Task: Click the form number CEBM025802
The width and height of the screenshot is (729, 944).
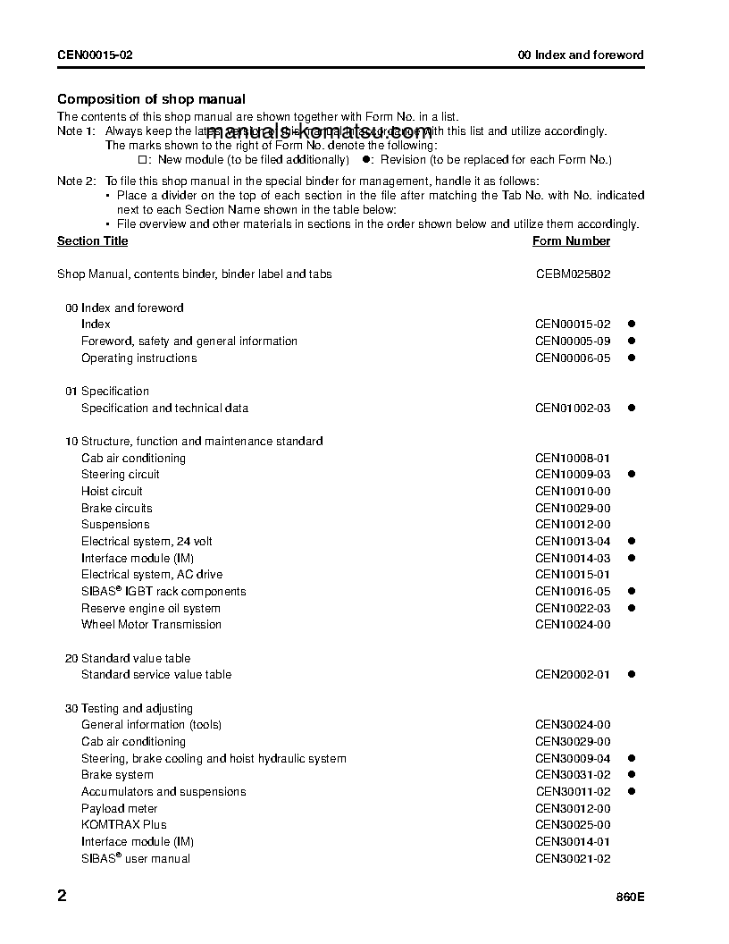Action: pyautogui.click(x=573, y=274)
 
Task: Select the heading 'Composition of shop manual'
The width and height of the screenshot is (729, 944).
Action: pyautogui.click(x=151, y=99)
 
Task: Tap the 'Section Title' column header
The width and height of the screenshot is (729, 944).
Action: pyautogui.click(x=92, y=241)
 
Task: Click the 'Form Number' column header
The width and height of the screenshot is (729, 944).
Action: pyautogui.click(x=571, y=241)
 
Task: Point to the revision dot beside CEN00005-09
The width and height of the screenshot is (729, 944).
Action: pyautogui.click(x=630, y=341)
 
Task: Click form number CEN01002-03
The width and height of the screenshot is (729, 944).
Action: pyautogui.click(x=573, y=409)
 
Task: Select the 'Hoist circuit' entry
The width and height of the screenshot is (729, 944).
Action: pyautogui.click(x=112, y=492)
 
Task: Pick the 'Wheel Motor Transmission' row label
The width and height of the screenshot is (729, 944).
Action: pyautogui.click(x=151, y=625)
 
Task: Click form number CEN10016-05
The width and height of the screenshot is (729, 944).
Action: pyautogui.click(x=573, y=592)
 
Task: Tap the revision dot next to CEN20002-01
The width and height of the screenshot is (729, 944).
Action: pyautogui.click(x=630, y=675)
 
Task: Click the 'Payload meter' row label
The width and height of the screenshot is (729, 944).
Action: pyautogui.click(x=119, y=809)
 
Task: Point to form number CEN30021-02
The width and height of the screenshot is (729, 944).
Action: pyautogui.click(x=573, y=859)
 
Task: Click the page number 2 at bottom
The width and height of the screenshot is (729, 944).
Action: pyautogui.click(x=62, y=896)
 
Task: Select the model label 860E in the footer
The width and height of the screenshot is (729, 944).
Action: pyautogui.click(x=629, y=898)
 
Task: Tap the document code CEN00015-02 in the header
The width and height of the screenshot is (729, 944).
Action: pyautogui.click(x=95, y=55)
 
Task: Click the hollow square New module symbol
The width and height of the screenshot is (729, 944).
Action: pyautogui.click(x=142, y=160)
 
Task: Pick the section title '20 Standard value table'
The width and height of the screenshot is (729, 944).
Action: pyautogui.click(x=128, y=659)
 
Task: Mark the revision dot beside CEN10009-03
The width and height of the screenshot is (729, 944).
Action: pyautogui.click(x=630, y=475)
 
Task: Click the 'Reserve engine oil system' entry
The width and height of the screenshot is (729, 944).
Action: pyautogui.click(x=150, y=609)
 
